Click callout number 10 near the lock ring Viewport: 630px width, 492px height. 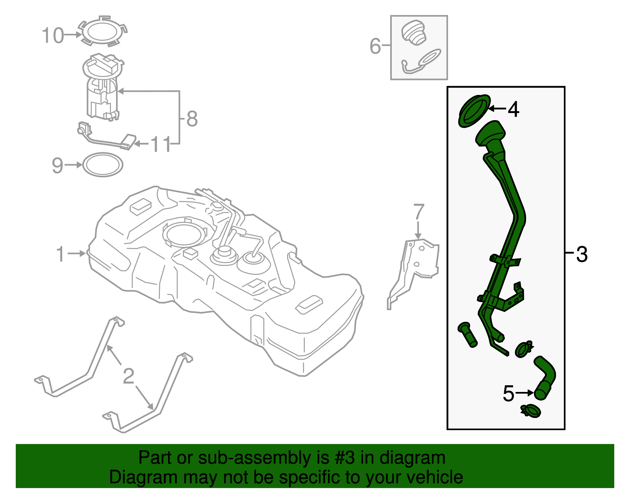52,35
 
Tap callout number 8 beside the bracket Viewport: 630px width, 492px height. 192,119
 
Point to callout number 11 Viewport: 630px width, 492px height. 161,144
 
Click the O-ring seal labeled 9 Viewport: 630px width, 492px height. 103,165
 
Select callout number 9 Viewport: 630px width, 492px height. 57,165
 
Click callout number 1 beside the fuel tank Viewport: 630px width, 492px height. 60,254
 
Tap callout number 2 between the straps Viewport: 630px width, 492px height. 129,376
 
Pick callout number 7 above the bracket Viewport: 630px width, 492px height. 419,212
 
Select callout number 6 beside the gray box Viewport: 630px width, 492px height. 375,46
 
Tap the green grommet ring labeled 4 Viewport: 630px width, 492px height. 474,111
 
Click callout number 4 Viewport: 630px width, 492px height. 513,109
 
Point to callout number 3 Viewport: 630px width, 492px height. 582,254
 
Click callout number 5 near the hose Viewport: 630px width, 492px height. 509,394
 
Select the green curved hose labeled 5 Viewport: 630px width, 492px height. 547,376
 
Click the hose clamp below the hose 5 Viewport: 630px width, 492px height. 531,411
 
